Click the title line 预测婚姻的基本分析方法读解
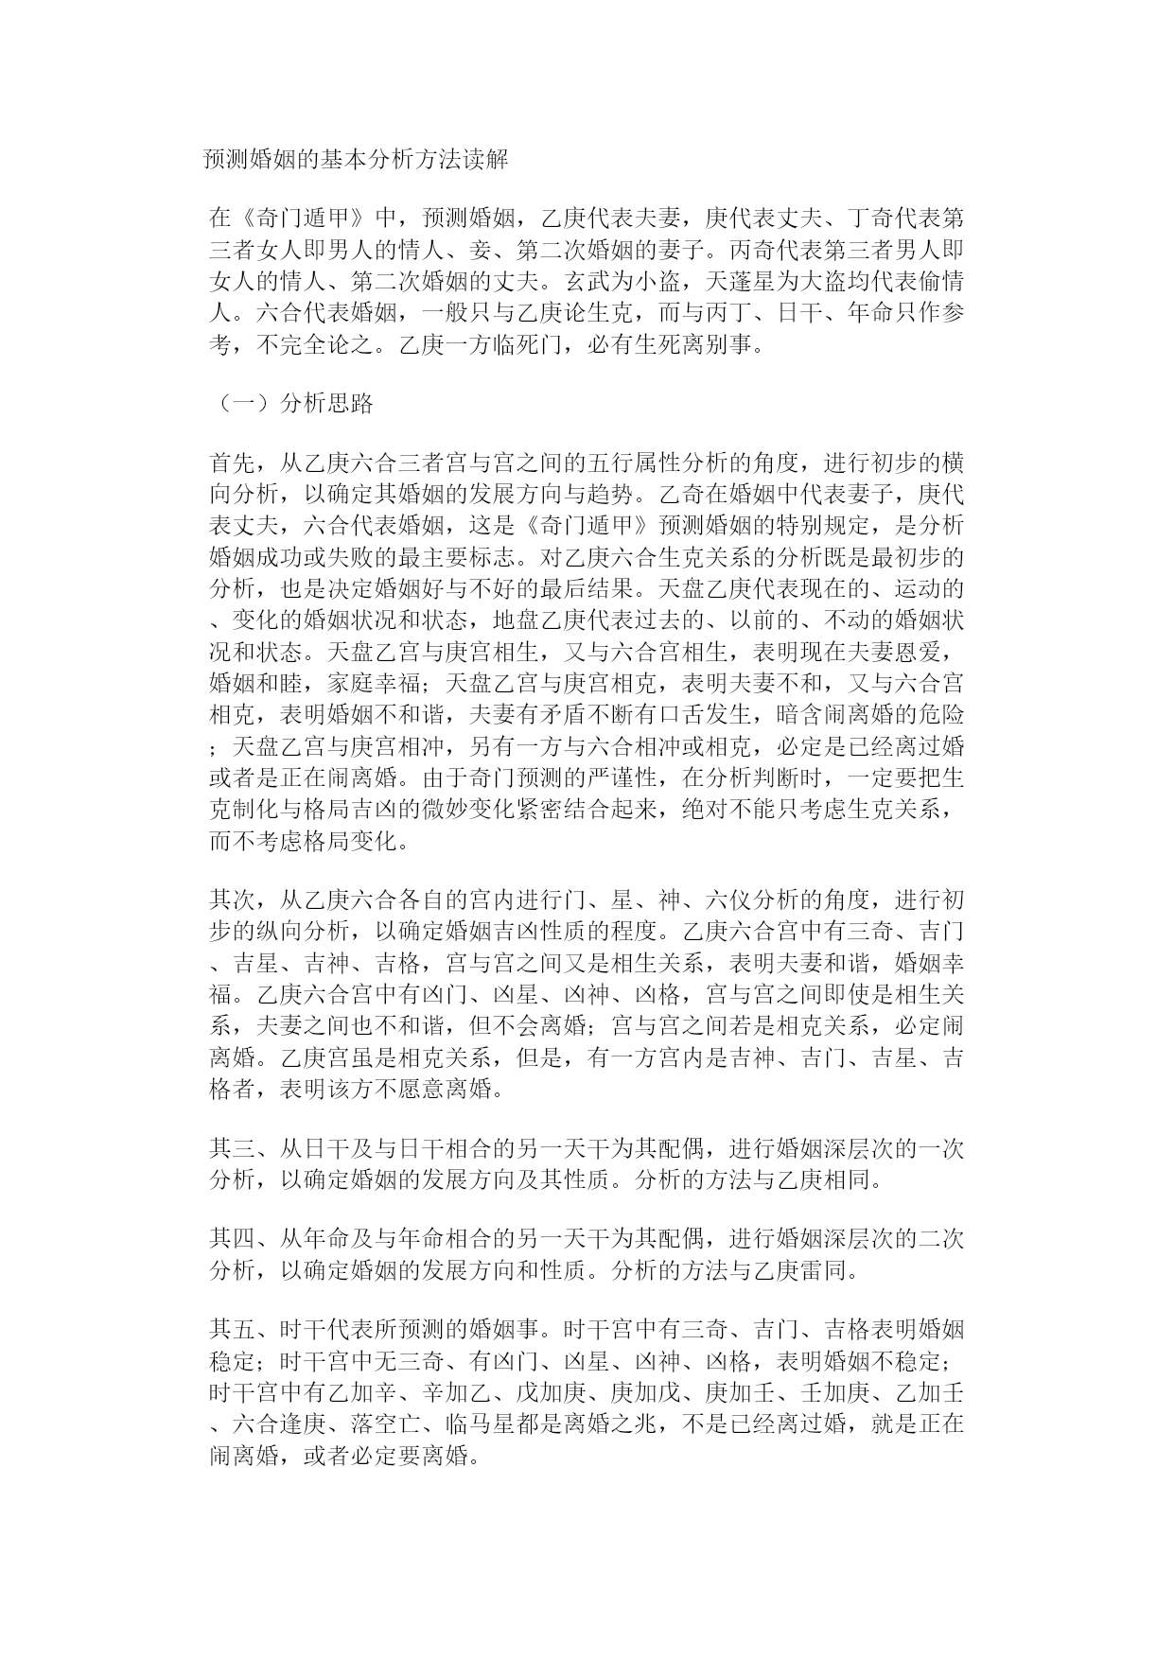coord(357,159)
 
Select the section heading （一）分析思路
coord(291,404)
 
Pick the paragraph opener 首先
coord(232,463)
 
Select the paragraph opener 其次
coord(232,899)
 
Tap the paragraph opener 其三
coord(232,1148)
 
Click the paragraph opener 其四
coord(232,1239)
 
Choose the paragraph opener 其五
coord(232,1332)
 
